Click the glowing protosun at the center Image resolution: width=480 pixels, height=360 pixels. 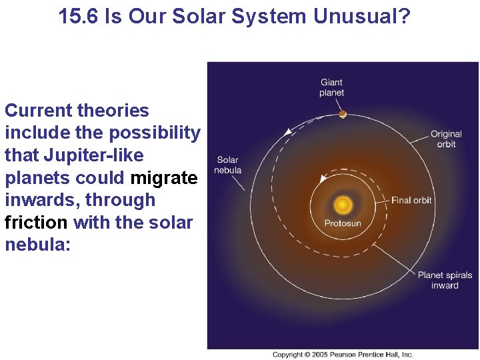click(x=343, y=204)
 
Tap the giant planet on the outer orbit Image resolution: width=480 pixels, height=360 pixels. click(x=342, y=114)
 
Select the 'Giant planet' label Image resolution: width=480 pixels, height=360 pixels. click(x=331, y=88)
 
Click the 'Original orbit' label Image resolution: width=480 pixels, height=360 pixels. click(x=446, y=139)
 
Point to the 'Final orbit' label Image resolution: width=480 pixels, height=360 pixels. click(x=411, y=200)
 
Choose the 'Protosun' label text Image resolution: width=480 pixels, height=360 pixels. click(x=343, y=223)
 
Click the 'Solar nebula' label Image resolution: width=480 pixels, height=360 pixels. click(x=227, y=165)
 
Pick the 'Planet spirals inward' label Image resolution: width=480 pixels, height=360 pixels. click(x=445, y=280)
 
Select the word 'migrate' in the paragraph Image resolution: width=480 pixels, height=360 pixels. click(x=164, y=178)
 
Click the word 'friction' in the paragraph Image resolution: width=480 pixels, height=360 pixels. click(x=36, y=222)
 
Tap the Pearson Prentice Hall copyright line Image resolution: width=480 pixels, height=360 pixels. click(x=343, y=355)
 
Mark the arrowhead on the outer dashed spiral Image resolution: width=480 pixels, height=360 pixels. click(x=288, y=132)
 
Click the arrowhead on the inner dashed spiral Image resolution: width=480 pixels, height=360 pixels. click(x=323, y=178)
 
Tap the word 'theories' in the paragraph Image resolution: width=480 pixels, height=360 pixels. click(x=113, y=111)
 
